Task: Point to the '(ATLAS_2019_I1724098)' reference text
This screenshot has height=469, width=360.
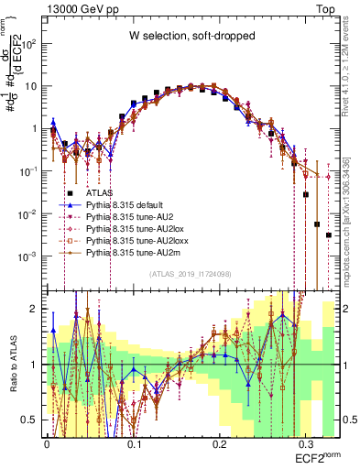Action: pyautogui.click(x=191, y=274)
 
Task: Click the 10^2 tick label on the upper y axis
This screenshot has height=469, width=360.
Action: pyautogui.click(x=30, y=43)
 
